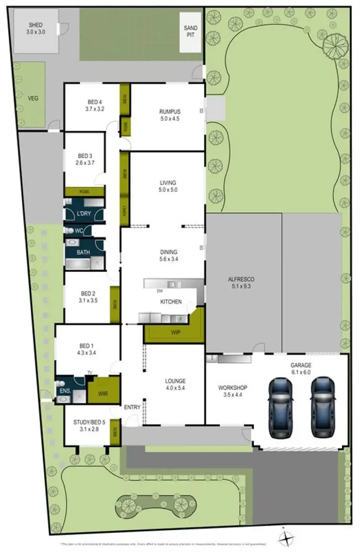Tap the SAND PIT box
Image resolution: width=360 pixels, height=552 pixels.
tap(191, 32)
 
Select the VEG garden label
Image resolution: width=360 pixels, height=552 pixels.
tap(33, 98)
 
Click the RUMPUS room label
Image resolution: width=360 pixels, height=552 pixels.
tap(169, 115)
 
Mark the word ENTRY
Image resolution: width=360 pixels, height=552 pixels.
tap(132, 407)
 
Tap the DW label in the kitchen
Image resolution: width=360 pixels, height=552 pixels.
tap(160, 291)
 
